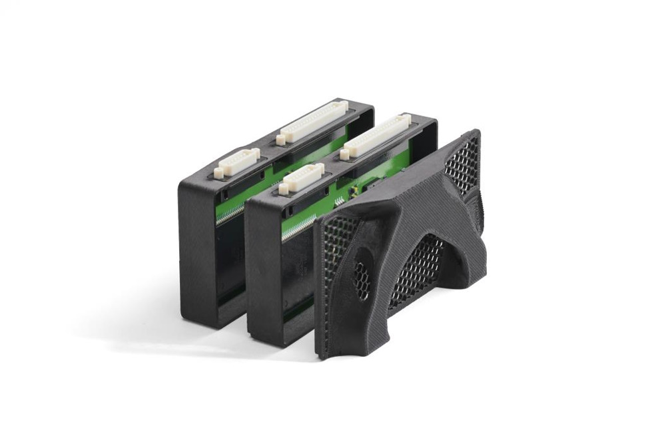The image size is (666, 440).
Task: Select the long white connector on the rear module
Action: tap(313, 120)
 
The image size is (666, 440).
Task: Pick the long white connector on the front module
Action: tap(376, 136)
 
